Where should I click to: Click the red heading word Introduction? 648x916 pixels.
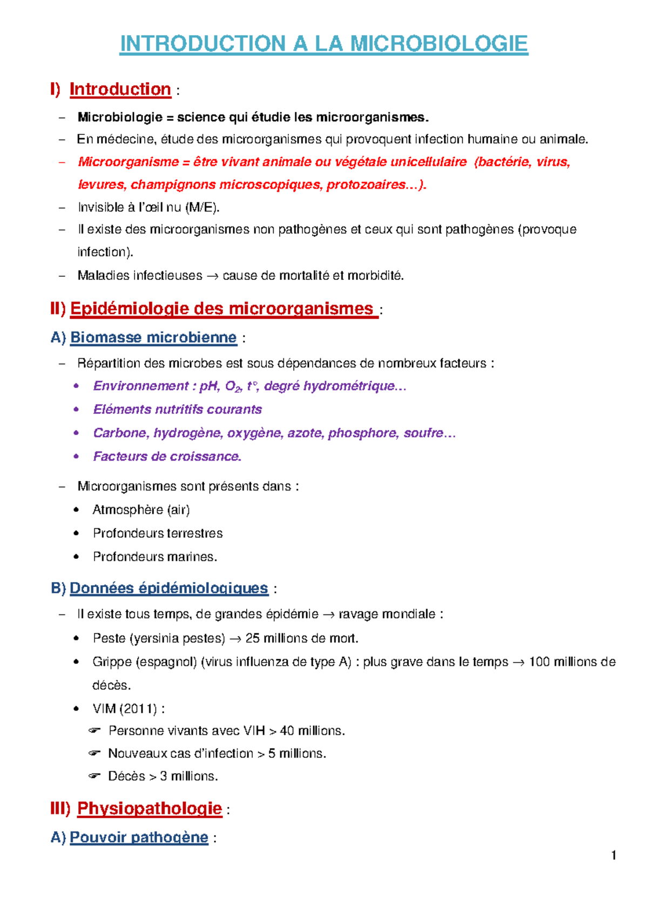coord(120,89)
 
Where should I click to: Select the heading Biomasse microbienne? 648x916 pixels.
coord(153,338)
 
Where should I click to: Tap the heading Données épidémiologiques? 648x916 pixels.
coord(168,588)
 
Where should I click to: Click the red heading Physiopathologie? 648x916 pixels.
coord(150,808)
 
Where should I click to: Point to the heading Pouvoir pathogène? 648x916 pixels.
coord(139,837)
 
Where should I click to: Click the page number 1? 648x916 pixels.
coord(613,855)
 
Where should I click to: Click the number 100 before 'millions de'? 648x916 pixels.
coord(539,662)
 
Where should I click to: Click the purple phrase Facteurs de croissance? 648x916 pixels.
coord(167,456)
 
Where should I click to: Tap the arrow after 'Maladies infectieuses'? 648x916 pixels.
coord(212,276)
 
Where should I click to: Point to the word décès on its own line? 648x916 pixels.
coord(111,686)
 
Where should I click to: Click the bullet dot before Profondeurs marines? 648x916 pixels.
coord(76,557)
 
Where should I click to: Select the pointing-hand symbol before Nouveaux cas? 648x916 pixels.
coord(94,754)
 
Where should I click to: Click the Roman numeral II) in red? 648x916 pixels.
coord(58,309)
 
